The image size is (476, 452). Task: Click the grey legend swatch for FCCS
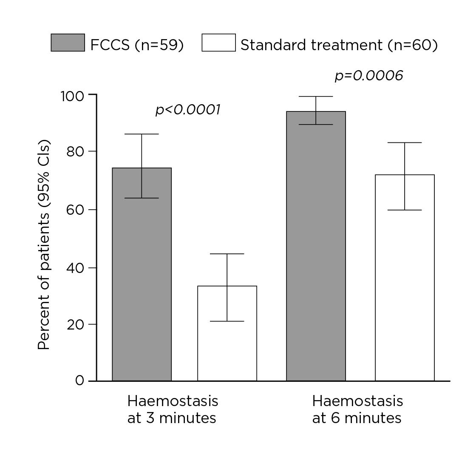click(68, 43)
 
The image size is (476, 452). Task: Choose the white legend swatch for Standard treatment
click(218, 43)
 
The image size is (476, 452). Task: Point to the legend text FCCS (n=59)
click(137, 45)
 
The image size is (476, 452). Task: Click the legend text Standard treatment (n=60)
click(339, 45)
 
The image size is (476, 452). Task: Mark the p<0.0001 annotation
click(188, 110)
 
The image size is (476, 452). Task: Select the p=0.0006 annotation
click(368, 76)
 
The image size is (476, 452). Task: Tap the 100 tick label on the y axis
click(73, 95)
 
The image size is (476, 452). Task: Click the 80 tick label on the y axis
click(76, 151)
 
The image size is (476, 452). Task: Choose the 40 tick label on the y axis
click(76, 267)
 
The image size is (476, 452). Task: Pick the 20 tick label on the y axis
click(76, 324)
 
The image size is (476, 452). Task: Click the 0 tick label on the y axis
click(80, 380)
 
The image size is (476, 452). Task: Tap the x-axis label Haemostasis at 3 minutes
click(172, 409)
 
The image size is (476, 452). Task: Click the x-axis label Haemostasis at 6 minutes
click(357, 409)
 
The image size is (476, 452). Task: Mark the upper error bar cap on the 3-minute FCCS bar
click(142, 134)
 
